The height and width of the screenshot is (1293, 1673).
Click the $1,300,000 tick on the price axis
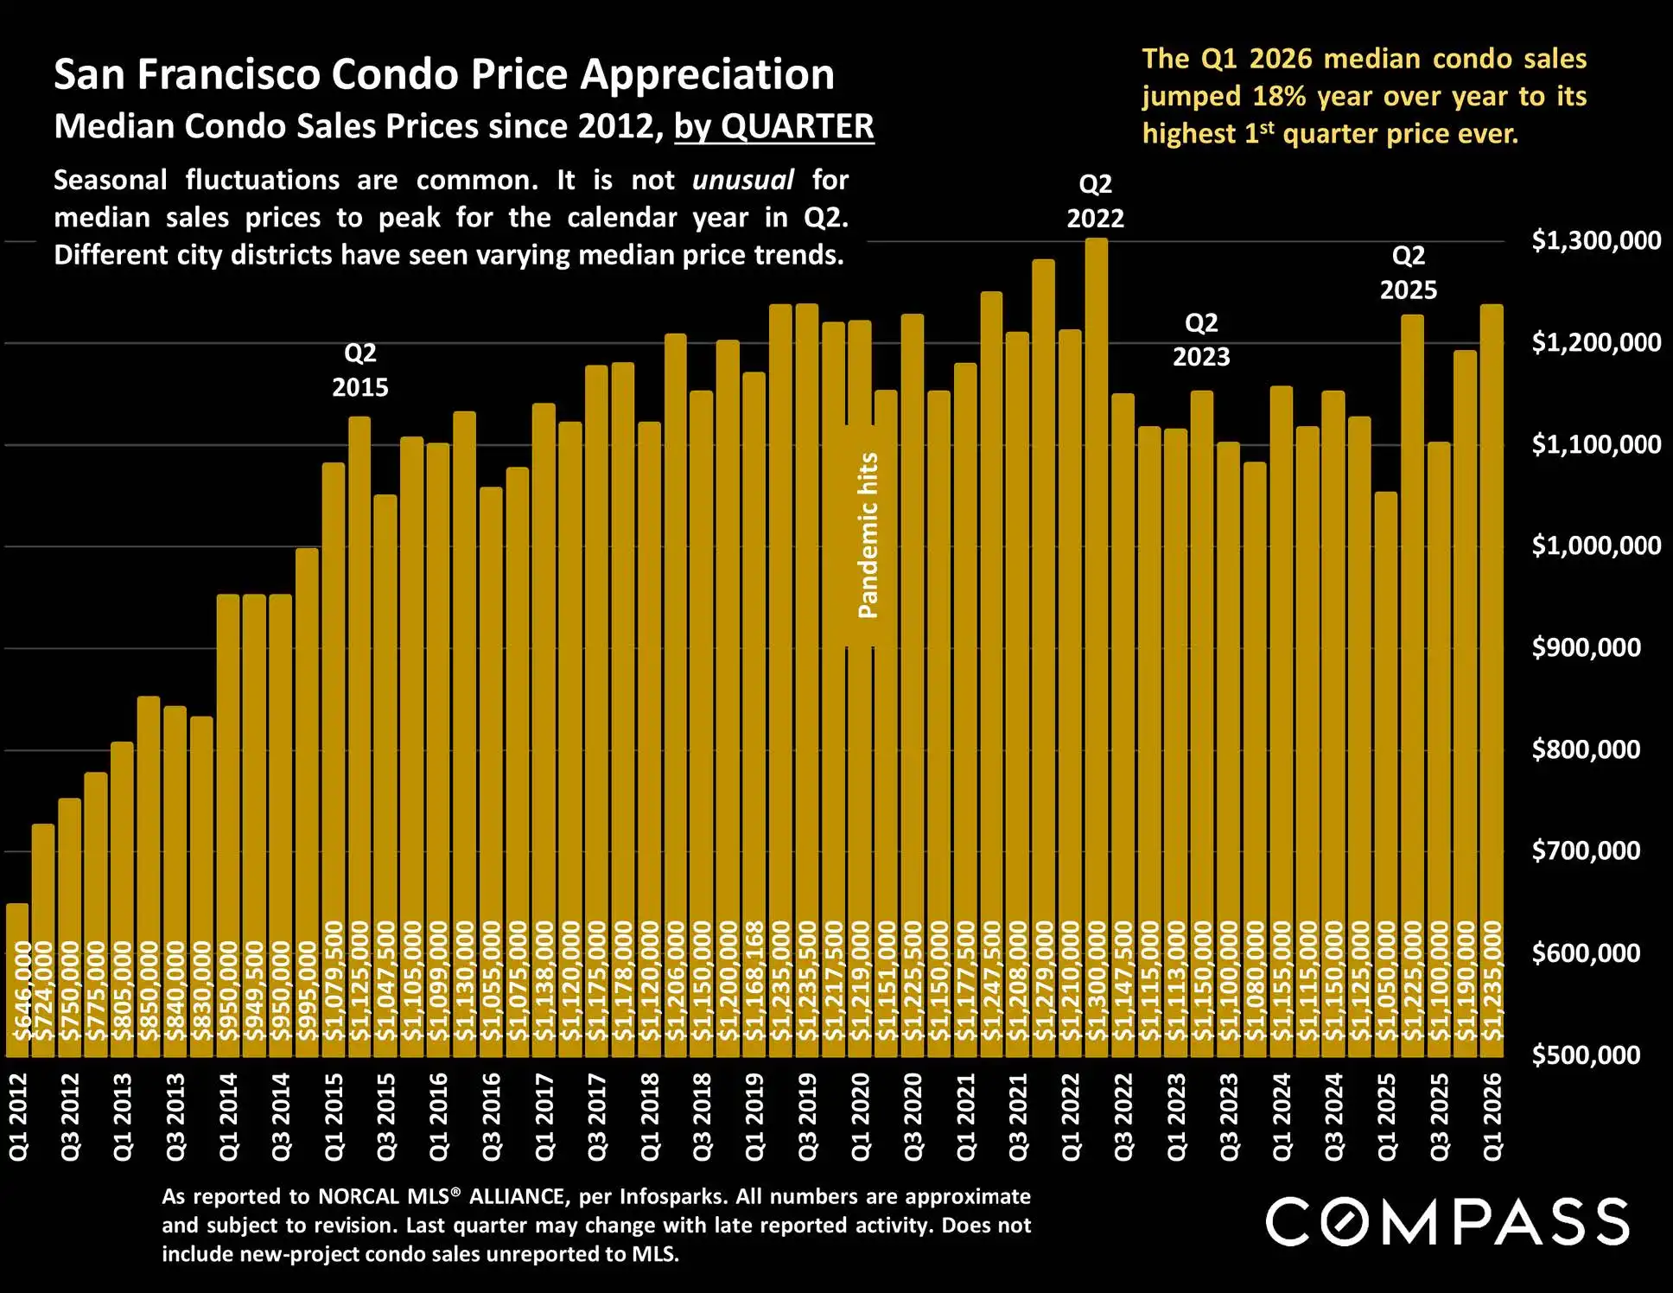click(x=1595, y=240)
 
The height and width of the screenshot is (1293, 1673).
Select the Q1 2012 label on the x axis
click(x=19, y=1116)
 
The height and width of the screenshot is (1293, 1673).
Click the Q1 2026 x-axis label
click(x=1492, y=1116)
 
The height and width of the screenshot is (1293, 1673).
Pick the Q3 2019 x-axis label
click(x=808, y=1116)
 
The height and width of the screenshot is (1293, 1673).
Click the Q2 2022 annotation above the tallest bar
click(x=1095, y=201)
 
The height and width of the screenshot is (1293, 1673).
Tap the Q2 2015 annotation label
click(x=360, y=370)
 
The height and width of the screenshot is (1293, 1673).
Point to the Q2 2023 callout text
click(x=1200, y=340)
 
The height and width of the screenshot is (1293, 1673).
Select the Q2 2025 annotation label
click(x=1408, y=272)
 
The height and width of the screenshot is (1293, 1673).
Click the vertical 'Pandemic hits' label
click(x=868, y=536)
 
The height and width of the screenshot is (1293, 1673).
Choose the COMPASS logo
click(x=1447, y=1221)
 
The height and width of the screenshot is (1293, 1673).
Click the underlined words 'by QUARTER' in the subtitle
click(x=773, y=127)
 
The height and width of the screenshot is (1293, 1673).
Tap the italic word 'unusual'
click(x=742, y=180)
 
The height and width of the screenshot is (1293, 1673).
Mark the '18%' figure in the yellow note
click(x=1278, y=96)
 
